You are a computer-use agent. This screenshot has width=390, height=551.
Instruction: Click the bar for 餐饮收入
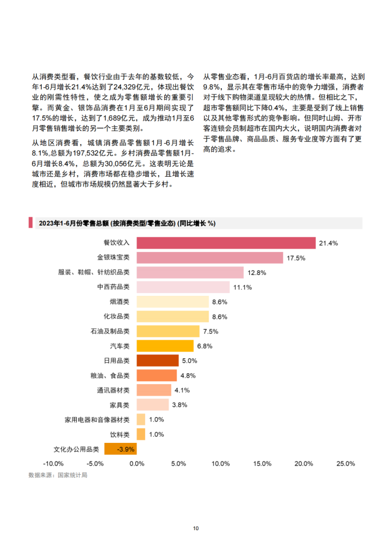click(226, 243)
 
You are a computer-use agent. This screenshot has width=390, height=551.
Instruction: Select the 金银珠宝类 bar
click(209, 257)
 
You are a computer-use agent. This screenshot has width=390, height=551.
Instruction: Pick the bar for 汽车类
click(165, 346)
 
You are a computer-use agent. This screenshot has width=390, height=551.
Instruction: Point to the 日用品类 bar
click(157, 361)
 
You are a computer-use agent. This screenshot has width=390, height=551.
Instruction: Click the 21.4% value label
click(328, 243)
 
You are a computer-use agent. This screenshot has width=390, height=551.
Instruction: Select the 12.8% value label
click(257, 272)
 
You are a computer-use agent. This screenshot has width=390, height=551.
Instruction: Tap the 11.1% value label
click(242, 287)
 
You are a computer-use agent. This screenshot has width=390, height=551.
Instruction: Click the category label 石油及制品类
click(109, 331)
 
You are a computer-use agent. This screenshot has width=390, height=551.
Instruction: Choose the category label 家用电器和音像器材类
click(97, 420)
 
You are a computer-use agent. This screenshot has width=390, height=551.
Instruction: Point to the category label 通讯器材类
click(113, 390)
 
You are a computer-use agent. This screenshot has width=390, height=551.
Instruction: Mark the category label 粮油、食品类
click(112, 375)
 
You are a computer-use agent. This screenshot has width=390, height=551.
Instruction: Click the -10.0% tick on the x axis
click(53, 464)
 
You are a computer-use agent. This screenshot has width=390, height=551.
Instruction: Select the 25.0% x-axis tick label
click(346, 464)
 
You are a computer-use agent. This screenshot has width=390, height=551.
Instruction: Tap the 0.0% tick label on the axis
click(136, 464)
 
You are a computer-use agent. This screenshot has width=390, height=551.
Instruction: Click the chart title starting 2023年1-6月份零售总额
click(126, 223)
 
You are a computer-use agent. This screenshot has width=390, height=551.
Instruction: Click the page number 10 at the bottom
click(196, 528)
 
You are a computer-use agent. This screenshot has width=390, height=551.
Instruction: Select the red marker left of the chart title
click(30, 223)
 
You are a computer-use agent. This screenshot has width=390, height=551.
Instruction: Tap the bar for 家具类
click(152, 405)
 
